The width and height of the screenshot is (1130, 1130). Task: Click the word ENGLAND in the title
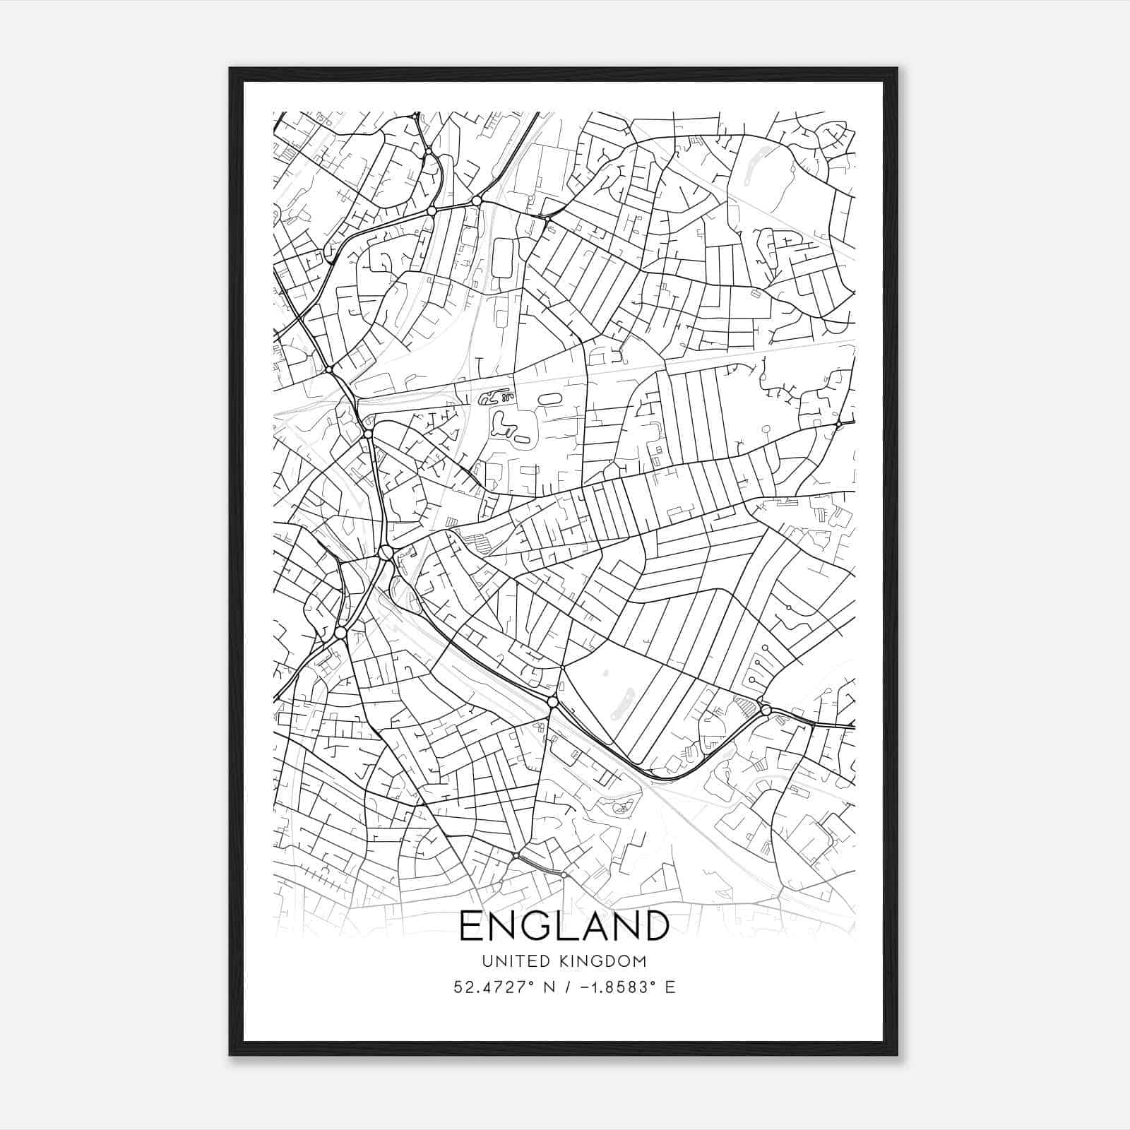click(x=564, y=926)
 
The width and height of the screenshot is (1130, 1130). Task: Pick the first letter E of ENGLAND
click(x=470, y=926)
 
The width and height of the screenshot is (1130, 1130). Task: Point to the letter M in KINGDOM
click(x=641, y=961)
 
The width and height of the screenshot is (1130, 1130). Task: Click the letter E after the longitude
click(x=670, y=987)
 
